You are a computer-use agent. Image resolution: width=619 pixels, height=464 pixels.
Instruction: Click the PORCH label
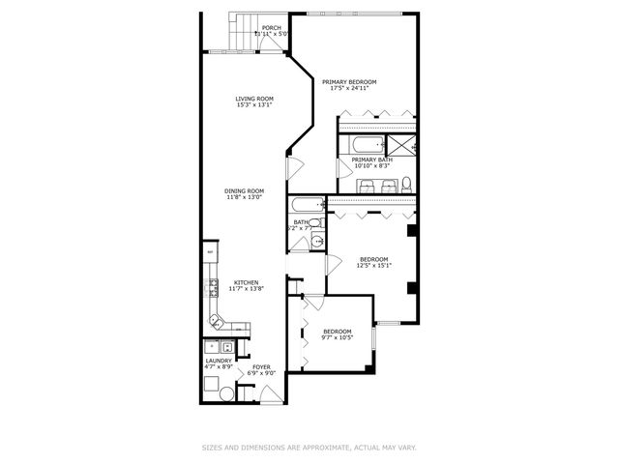272,27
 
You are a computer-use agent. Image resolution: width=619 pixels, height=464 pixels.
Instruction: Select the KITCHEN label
245,282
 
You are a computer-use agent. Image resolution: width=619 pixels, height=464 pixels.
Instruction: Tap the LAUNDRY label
219,361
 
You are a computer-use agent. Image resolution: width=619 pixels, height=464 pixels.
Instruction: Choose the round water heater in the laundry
226,393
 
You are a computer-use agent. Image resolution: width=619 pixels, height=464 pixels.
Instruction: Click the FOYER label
261,366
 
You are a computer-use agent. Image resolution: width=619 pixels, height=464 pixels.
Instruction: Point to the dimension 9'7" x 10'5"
337,337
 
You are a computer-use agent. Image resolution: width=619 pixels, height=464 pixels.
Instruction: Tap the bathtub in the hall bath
307,205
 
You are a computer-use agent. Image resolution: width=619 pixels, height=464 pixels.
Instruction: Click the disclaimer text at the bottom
309,447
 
